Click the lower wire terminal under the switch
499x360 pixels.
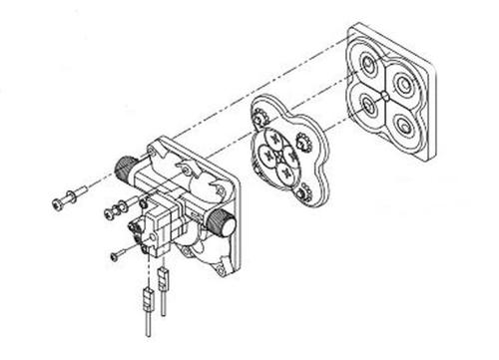point(147,299)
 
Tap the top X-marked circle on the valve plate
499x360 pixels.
point(288,141)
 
